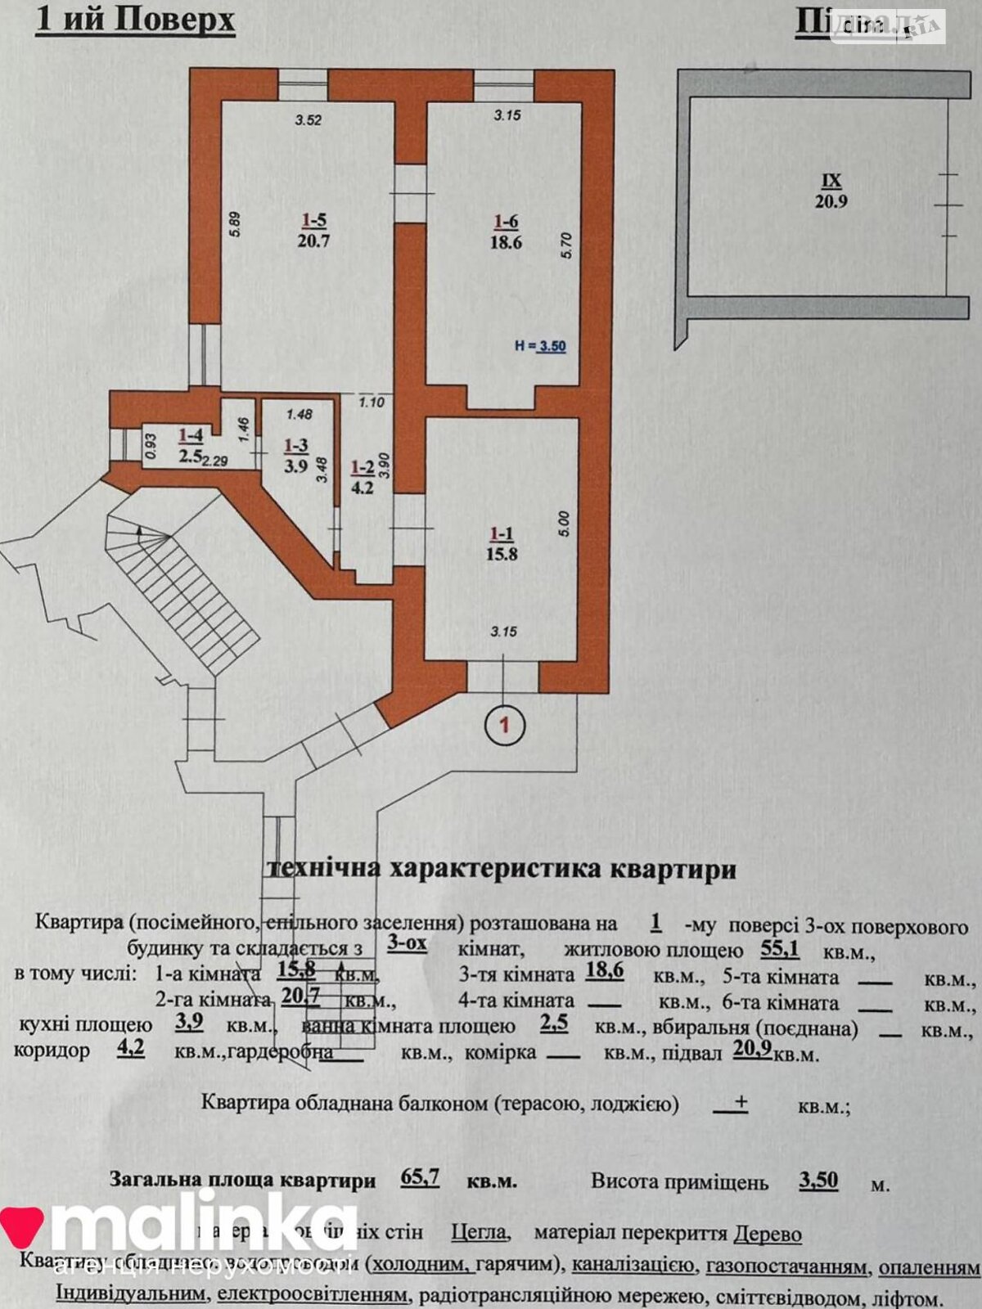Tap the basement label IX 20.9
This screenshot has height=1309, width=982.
pos(831,191)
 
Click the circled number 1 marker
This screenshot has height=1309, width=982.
pos(505,723)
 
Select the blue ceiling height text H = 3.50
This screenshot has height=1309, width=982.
pos(540,346)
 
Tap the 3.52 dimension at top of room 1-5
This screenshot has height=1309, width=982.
pos(309,120)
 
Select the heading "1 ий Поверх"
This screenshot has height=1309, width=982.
pos(136,20)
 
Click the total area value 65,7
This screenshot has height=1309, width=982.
pos(421,1177)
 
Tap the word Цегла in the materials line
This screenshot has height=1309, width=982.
pos(481,1233)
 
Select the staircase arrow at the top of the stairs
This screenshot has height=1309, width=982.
pos(140,532)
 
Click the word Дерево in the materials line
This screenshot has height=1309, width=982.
pos(767,1234)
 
